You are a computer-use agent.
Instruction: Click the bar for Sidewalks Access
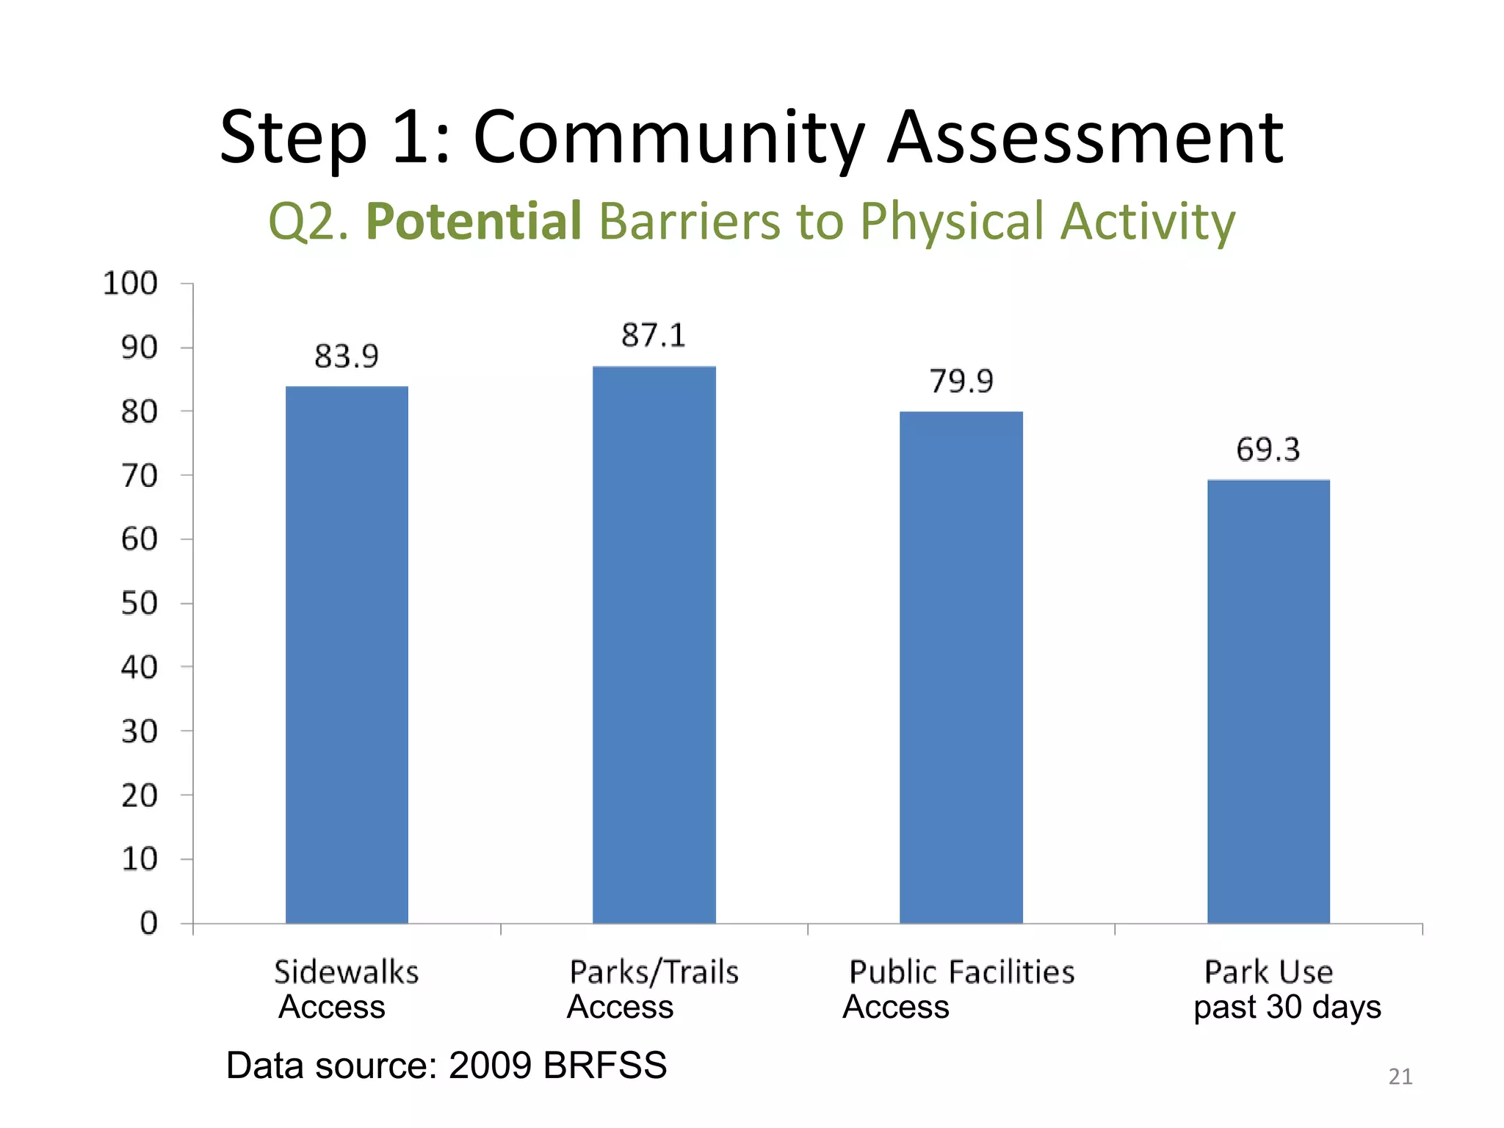coord(347,654)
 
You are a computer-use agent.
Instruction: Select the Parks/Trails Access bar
coord(654,644)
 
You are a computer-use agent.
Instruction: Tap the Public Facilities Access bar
coord(961,667)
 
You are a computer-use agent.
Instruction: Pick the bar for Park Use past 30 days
coord(1268,701)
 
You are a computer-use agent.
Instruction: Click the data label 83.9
coord(347,357)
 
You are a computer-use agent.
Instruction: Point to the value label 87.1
coord(654,336)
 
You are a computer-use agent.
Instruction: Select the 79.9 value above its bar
coord(961,381)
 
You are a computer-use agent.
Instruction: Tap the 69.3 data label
coord(1268,449)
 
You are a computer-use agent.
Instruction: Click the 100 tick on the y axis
coord(131,283)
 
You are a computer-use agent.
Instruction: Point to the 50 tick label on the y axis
coord(140,604)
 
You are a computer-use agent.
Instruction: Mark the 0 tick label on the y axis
coord(149,923)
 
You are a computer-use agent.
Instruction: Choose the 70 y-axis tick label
coord(140,476)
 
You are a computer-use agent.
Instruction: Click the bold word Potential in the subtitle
coord(474,221)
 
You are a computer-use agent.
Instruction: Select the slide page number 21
coord(1400,1077)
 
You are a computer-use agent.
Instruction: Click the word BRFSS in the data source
coord(604,1065)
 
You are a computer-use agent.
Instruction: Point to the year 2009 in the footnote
coord(490,1065)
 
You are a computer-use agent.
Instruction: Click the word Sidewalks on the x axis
coord(347,972)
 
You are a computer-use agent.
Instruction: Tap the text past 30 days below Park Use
coord(1287,1007)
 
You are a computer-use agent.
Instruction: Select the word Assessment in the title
coord(1085,138)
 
